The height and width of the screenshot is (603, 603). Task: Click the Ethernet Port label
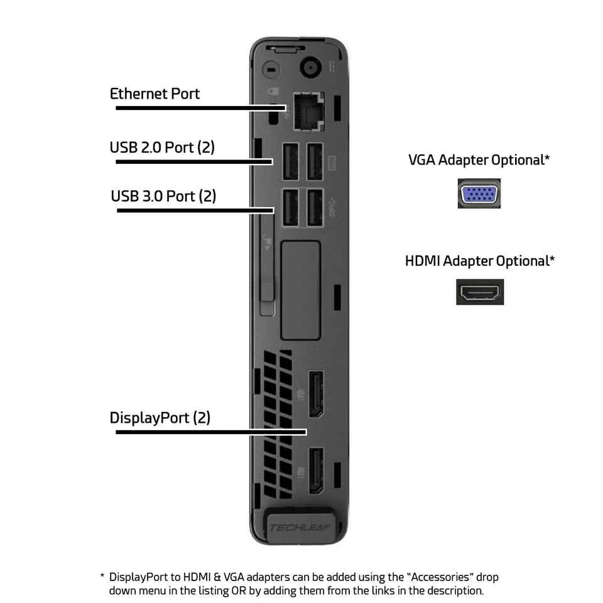(155, 94)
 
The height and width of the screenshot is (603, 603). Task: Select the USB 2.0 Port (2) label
(162, 148)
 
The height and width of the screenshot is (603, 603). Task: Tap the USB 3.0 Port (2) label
(163, 196)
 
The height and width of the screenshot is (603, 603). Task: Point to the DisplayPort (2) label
(160, 418)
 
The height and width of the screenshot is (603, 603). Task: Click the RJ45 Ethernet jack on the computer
(307, 111)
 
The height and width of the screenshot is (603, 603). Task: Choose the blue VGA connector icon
(479, 193)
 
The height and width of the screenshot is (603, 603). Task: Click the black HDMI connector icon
(480, 292)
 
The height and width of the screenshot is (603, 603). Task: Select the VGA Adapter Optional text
(479, 160)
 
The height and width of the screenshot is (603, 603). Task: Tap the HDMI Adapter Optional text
(480, 261)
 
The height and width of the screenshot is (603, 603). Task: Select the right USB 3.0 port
(315, 208)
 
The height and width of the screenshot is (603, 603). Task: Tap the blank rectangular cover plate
(301, 290)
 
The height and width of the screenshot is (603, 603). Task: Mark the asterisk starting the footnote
(102, 577)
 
